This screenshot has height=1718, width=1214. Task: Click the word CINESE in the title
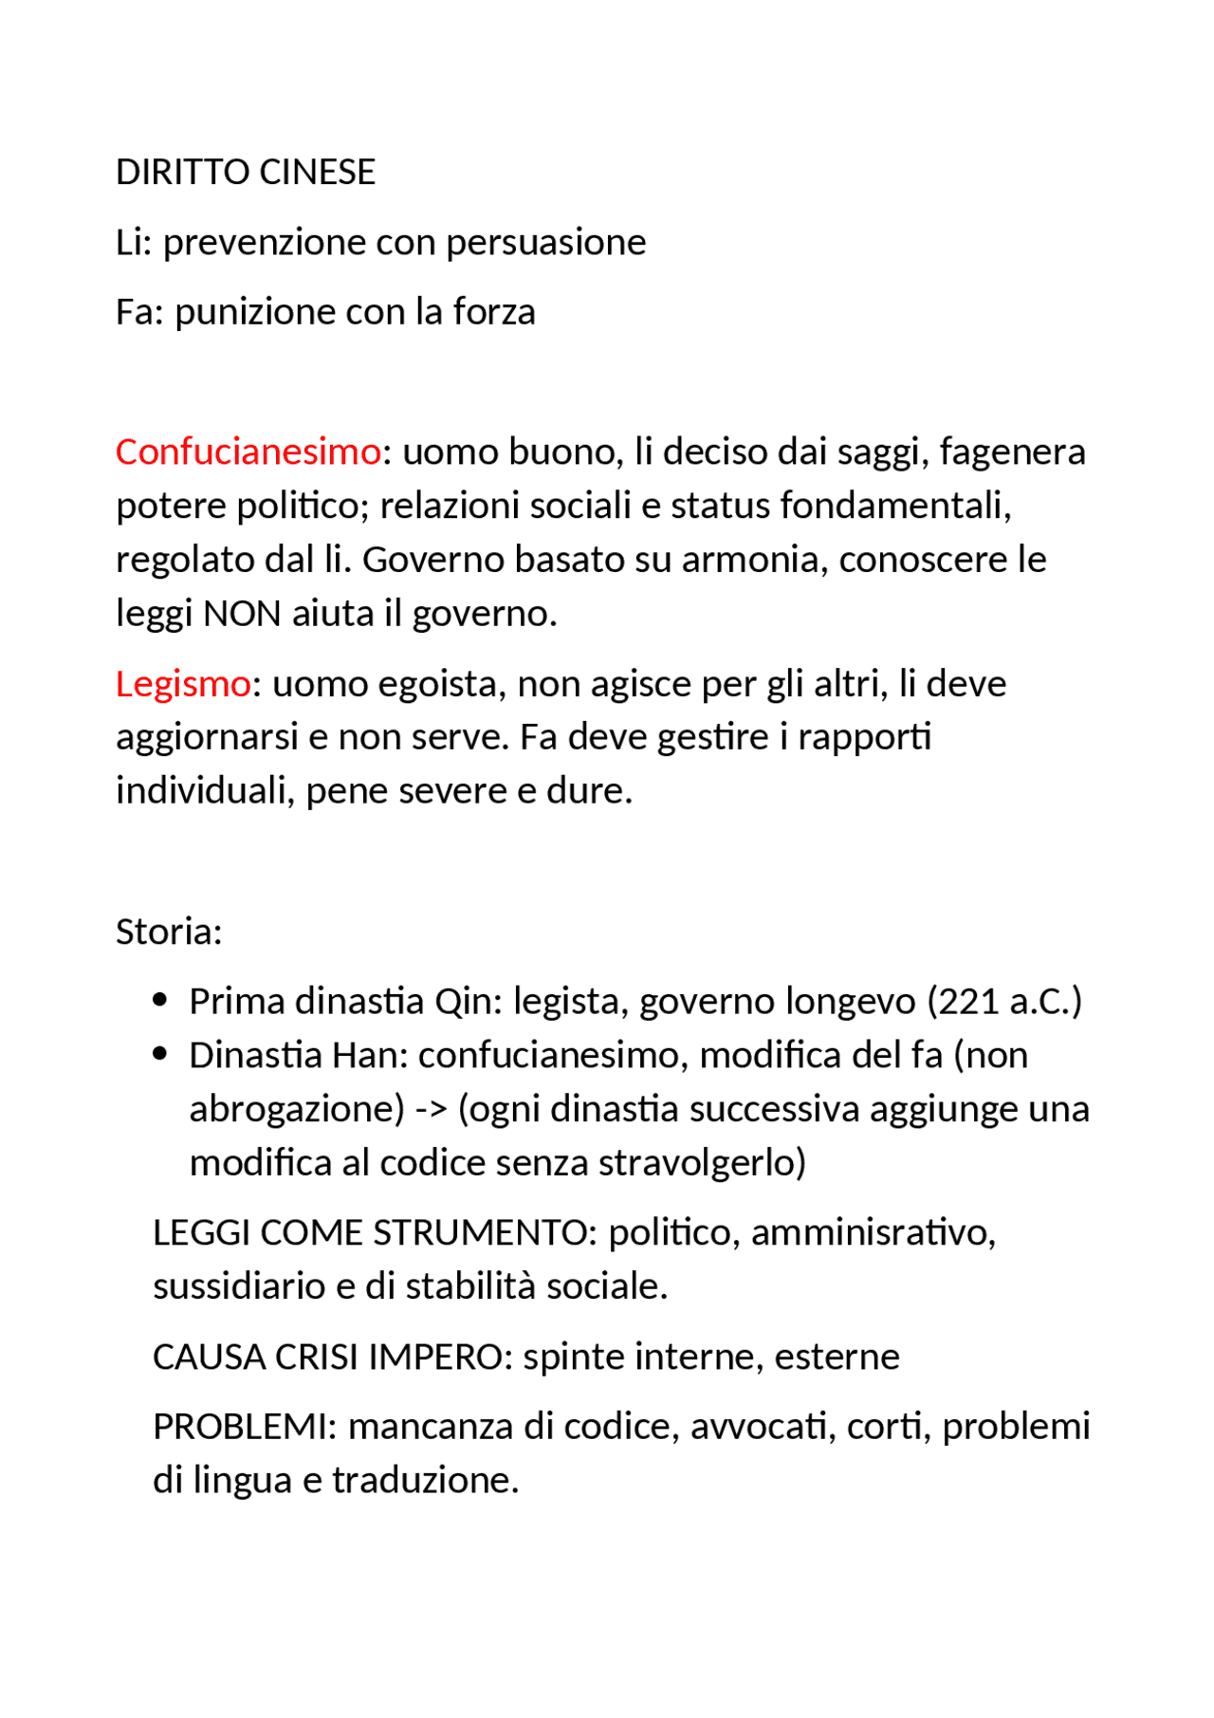click(317, 173)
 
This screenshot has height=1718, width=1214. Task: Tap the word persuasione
click(545, 243)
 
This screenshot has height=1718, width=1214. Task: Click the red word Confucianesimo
click(248, 452)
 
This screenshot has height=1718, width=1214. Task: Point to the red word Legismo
click(183, 684)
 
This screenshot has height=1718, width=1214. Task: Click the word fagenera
click(1012, 452)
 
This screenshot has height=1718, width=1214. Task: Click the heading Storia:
click(169, 932)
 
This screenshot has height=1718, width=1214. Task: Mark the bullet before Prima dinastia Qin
click(159, 1000)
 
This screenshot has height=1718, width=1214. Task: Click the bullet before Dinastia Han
click(159, 1054)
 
